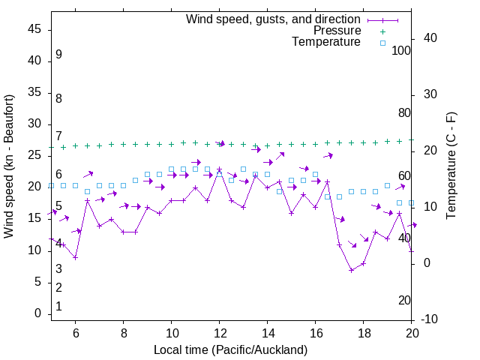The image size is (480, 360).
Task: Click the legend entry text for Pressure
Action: coord(337,31)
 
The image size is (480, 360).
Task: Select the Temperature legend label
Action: coord(326,42)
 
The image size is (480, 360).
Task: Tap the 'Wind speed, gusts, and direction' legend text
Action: coord(274,19)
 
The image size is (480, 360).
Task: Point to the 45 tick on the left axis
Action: coord(35,29)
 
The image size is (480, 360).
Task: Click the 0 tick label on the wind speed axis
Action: coord(38,313)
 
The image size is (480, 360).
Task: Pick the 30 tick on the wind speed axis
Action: coord(35,124)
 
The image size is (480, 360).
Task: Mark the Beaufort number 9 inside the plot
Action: coord(58,55)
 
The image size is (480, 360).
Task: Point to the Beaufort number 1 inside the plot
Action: coord(58,307)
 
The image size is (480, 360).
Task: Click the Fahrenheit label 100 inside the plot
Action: coord(401,50)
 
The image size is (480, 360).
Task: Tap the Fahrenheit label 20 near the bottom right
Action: coord(404,300)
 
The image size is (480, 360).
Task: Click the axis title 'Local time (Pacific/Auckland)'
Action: coord(230,350)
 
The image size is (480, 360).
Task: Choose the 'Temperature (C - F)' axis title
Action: coord(451,166)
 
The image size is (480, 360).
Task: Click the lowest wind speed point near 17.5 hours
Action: coord(351,270)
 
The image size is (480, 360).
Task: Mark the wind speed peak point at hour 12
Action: coord(219,169)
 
